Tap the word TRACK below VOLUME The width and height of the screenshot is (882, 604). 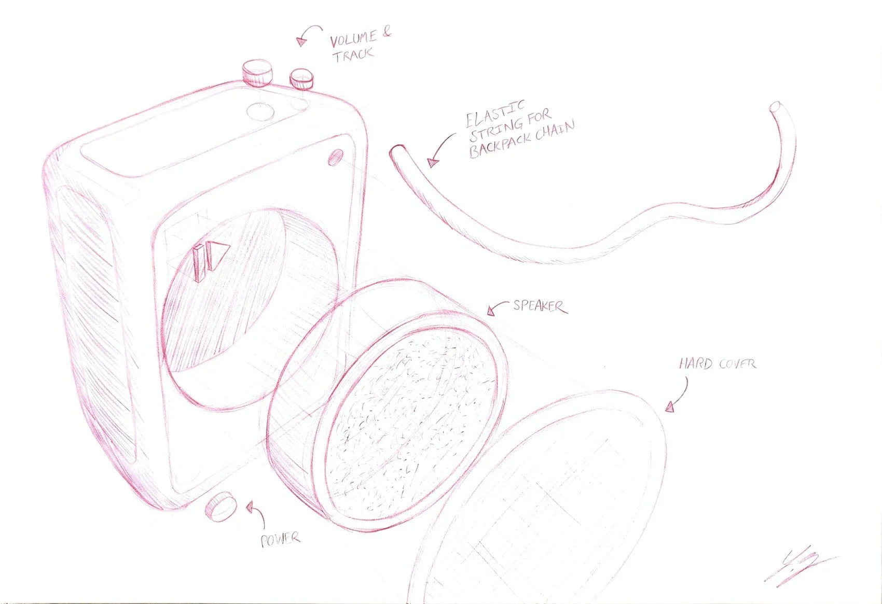pos(353,54)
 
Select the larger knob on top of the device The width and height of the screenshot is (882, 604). pos(257,72)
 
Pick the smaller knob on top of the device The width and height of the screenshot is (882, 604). pos(301,79)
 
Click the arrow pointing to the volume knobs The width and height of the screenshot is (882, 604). pos(307,35)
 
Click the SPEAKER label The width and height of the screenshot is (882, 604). pos(539,306)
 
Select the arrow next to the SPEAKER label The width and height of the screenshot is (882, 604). pos(497,307)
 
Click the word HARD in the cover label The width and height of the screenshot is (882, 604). pos(695,363)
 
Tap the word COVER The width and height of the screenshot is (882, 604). pos(737,364)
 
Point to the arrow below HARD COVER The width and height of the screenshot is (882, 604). pos(678,396)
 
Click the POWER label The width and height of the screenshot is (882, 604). pos(280,540)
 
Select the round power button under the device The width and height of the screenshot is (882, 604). pos(220,507)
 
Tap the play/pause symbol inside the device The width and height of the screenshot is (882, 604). pos(210,259)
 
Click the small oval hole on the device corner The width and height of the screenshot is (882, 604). pos(335,158)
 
